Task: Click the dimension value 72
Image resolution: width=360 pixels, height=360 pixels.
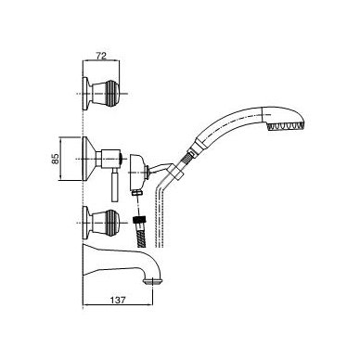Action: point(101,56)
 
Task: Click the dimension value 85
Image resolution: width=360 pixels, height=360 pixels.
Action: point(56,159)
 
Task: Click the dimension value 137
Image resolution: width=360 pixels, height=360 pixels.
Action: point(118,300)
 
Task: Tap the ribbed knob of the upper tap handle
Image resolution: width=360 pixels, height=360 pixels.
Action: point(112,93)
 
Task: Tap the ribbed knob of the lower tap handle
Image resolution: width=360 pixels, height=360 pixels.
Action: point(112,223)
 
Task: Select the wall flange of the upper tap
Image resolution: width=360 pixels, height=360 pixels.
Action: point(86,93)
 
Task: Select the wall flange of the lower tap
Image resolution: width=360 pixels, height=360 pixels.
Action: point(86,223)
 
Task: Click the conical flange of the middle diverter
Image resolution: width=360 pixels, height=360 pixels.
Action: point(89,159)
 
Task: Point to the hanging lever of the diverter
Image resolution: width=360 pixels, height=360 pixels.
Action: point(114,186)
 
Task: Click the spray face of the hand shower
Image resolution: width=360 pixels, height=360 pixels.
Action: point(287,126)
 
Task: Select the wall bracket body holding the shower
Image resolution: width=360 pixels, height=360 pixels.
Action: point(137,171)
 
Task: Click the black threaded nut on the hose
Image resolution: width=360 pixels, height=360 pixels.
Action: point(138,221)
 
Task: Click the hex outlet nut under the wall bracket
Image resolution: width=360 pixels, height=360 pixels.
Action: point(136,192)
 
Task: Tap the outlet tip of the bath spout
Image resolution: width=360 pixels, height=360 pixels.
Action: point(152,281)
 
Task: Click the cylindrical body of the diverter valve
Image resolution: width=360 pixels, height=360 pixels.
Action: point(110,159)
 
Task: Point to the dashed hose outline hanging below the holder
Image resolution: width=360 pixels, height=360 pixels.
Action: point(160,213)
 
